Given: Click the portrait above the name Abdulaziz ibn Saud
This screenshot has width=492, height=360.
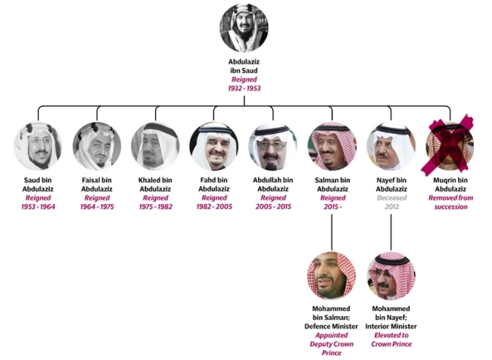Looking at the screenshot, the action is pyautogui.click(x=244, y=28).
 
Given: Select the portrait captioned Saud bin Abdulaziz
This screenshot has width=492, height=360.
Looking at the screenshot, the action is pyautogui.click(x=38, y=146).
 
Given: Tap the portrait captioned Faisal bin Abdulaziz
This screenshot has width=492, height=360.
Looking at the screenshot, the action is pyautogui.click(x=97, y=146).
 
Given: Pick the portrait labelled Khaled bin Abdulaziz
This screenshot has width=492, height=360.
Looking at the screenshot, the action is pyautogui.click(x=155, y=146).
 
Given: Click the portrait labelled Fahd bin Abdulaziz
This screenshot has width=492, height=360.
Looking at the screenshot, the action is pyautogui.click(x=214, y=146).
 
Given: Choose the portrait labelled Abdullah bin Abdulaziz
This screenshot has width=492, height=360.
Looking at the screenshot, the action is pyautogui.click(x=273, y=146).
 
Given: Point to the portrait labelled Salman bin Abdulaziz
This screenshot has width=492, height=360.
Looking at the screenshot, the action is pyautogui.click(x=332, y=146).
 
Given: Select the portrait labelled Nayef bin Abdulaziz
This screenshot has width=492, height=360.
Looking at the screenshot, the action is pyautogui.click(x=391, y=146).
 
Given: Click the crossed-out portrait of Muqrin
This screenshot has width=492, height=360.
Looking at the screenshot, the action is pyautogui.click(x=450, y=146).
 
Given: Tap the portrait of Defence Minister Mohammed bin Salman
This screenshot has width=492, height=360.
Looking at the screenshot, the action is pyautogui.click(x=332, y=276).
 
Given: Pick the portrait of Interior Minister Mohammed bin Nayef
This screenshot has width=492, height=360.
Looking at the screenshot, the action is pyautogui.click(x=391, y=276).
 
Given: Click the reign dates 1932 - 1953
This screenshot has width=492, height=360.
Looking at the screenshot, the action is pyautogui.click(x=244, y=88).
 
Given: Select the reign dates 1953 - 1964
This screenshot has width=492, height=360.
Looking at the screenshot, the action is pyautogui.click(x=38, y=206).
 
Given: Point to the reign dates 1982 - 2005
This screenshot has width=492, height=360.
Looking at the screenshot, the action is pyautogui.click(x=214, y=206).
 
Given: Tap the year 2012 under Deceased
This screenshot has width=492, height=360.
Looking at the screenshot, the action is pyautogui.click(x=391, y=206).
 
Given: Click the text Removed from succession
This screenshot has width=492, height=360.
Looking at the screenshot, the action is pyautogui.click(x=450, y=202).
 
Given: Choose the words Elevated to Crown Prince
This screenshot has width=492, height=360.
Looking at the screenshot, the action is pyautogui.click(x=391, y=340).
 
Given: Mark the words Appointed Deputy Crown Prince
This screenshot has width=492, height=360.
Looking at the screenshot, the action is pyautogui.click(x=332, y=344).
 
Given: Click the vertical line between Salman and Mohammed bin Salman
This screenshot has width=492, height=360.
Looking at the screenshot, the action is pyautogui.click(x=332, y=232).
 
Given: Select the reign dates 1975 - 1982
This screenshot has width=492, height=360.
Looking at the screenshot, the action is pyautogui.click(x=156, y=206).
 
